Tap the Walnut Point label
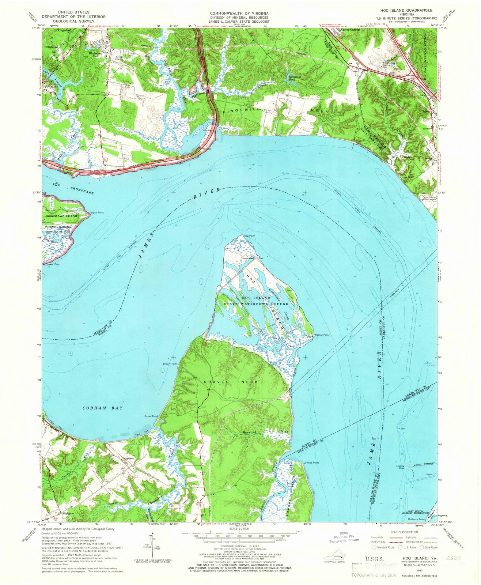coord(322,335)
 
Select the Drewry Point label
coord(170,364)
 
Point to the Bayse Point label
coord(151,416)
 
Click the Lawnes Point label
coord(311,463)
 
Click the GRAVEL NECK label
coord(231,382)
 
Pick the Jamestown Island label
coord(61,216)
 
